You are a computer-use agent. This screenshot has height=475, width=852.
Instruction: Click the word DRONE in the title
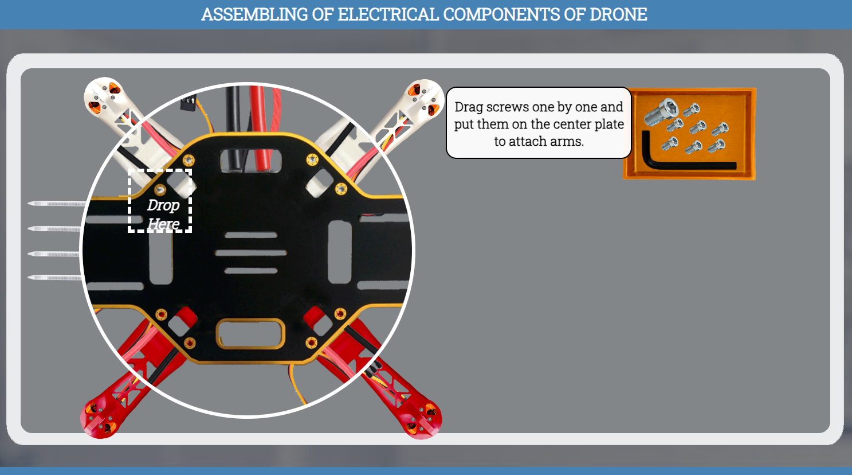tap(618, 14)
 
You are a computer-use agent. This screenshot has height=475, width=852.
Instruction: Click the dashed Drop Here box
tap(160, 201)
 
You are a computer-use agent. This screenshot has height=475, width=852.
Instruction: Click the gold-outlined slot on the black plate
tap(250, 333)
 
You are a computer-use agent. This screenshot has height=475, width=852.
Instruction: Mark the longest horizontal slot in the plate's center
tap(251, 252)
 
